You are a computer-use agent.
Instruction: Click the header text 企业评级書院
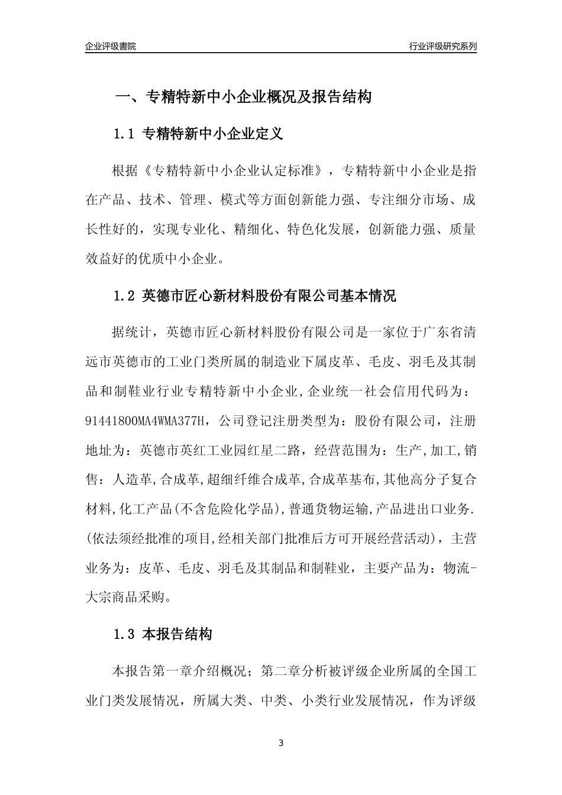[x=111, y=46]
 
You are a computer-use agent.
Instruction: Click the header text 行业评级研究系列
[x=443, y=46]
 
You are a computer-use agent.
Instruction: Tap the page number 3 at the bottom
[x=281, y=743]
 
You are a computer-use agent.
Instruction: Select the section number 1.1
[x=125, y=134]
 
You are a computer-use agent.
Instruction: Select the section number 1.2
[x=125, y=295]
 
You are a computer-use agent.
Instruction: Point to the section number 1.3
[x=125, y=635]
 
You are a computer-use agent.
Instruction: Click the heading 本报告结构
[x=177, y=635]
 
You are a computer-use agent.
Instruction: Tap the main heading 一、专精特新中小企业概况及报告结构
[x=243, y=96]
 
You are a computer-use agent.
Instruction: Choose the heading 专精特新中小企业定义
[x=213, y=134]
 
